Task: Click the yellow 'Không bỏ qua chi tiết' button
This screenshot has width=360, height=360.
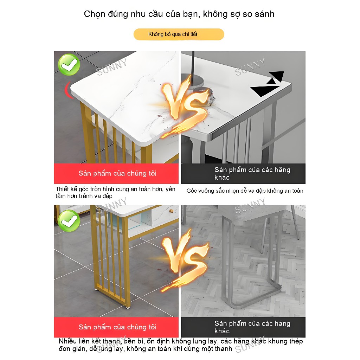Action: coord(179,34)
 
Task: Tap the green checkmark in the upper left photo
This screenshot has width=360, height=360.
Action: coord(69,65)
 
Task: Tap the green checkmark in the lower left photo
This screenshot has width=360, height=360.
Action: coord(69,221)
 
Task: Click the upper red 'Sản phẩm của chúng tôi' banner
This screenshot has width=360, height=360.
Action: coord(116,174)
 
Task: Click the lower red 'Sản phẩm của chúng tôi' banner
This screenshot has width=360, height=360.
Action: coord(116,327)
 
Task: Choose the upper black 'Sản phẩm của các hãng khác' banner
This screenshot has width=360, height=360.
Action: coord(243,174)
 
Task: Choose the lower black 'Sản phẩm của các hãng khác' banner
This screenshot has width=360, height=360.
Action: coord(243,327)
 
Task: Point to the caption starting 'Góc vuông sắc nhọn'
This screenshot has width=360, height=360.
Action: coord(245,191)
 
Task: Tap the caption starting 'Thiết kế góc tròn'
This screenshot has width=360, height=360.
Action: coord(115,192)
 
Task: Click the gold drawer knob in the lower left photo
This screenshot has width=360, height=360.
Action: coord(171,211)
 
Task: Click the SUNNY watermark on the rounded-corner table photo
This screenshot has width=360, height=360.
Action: coord(111,67)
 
